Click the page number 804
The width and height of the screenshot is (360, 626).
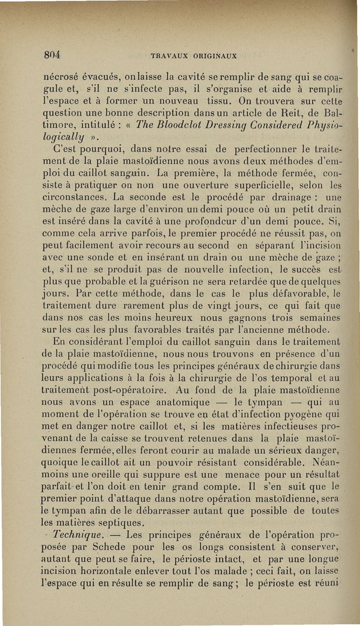pyautogui.click(x=52, y=56)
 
